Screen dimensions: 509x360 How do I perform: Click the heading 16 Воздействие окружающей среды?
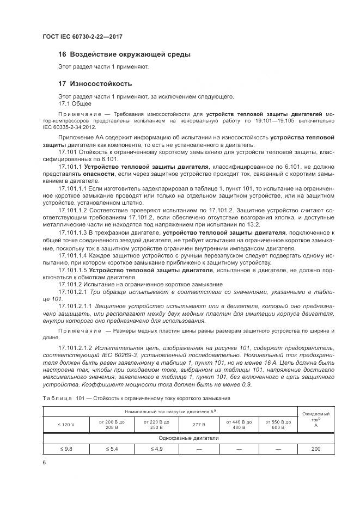click(124, 54)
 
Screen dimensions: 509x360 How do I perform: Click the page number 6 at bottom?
click(44, 462)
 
